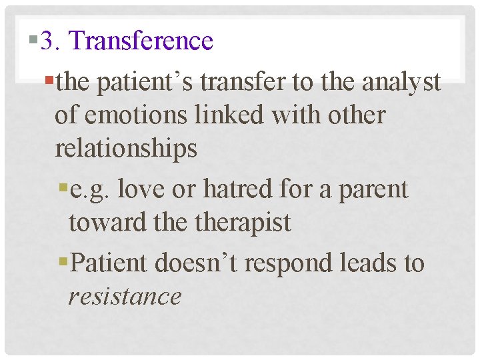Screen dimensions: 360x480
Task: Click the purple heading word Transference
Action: coord(141,41)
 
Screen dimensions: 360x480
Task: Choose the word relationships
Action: coord(126,148)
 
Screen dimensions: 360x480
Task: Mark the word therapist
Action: coord(243,223)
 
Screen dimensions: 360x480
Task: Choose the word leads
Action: coord(369,263)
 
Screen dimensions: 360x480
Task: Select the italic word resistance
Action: coord(125,296)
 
